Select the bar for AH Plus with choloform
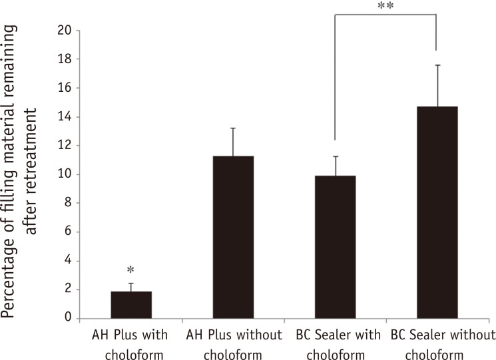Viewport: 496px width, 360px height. point(132,305)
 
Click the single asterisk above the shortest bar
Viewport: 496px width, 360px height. point(131,271)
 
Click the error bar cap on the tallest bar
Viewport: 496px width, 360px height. point(437,65)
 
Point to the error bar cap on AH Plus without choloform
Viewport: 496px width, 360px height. point(233,128)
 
